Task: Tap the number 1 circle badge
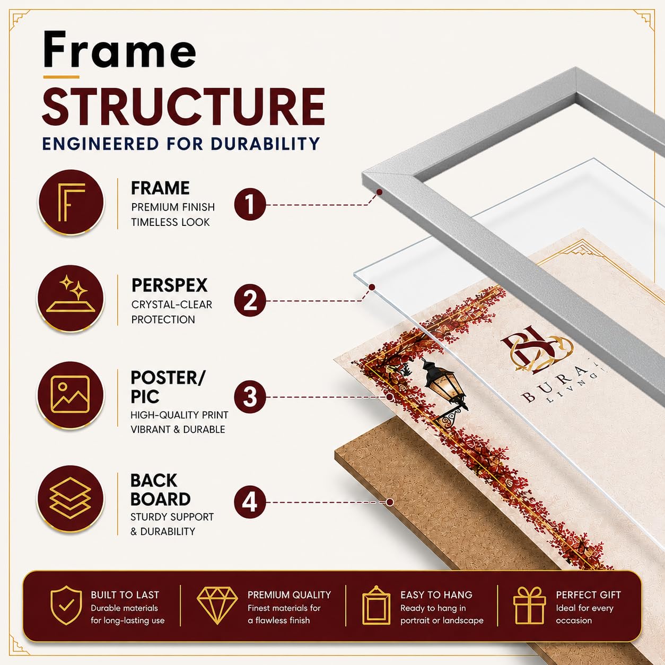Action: coord(250,205)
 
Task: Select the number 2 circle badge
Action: coord(250,301)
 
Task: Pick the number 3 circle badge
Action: coord(250,397)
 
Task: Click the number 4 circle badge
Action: coord(250,502)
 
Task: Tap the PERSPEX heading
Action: coord(169,286)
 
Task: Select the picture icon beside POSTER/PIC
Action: coord(71,394)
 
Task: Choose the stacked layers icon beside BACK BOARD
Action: coord(71,498)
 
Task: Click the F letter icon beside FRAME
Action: coord(71,202)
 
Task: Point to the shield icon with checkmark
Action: coord(66,605)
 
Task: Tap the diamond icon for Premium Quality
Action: coord(217,605)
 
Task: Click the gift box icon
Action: coord(530,605)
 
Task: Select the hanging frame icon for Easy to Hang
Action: coord(377,605)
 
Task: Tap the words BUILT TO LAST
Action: coord(125,595)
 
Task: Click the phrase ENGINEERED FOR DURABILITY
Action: coord(181,144)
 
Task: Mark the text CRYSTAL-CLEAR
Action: coord(171,305)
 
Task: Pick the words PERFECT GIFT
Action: coord(589,595)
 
